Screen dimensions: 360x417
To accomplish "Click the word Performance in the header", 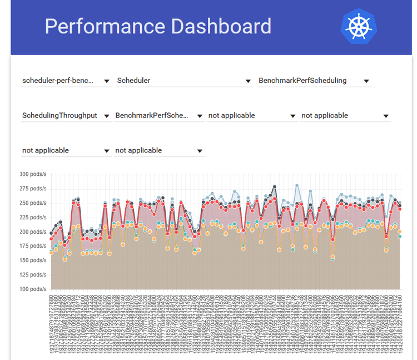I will pos(104,27).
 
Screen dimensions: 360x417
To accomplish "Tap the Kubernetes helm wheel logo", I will pos(358,26).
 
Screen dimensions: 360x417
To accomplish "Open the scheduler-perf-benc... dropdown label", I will pos(58,81).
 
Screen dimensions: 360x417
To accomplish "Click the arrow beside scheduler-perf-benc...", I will pos(107,81).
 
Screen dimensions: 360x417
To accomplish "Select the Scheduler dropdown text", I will pos(133,81).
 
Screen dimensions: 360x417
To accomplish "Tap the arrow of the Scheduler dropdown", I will pos(249,81).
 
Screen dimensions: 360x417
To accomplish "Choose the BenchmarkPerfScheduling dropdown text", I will pos(302,81).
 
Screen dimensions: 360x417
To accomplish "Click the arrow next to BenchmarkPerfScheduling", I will pos(366,81).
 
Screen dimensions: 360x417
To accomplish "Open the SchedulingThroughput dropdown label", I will pos(59,116).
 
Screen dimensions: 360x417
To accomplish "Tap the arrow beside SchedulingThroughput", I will pos(107,116).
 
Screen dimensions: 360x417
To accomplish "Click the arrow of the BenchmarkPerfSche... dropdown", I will pos(200,116).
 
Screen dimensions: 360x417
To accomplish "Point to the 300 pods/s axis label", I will pos(32,174).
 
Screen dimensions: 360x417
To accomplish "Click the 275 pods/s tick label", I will pos(32,189).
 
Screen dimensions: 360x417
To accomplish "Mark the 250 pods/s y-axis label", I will pos(32,203).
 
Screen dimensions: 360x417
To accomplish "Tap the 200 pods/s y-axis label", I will pos(32,231).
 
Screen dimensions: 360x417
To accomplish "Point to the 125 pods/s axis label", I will pos(32,275).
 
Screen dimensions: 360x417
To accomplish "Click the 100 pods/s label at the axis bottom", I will pos(32,289).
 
